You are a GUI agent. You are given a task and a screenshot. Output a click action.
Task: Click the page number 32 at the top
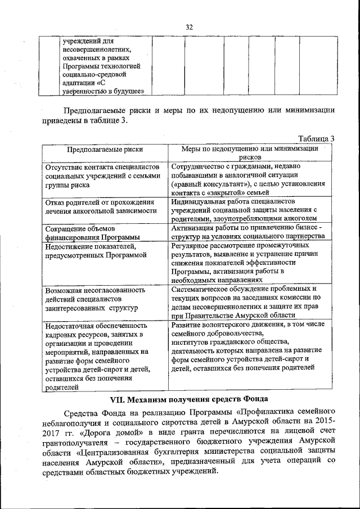[x=189, y=27]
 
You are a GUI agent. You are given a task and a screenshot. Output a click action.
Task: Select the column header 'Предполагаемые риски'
[x=105, y=150]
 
